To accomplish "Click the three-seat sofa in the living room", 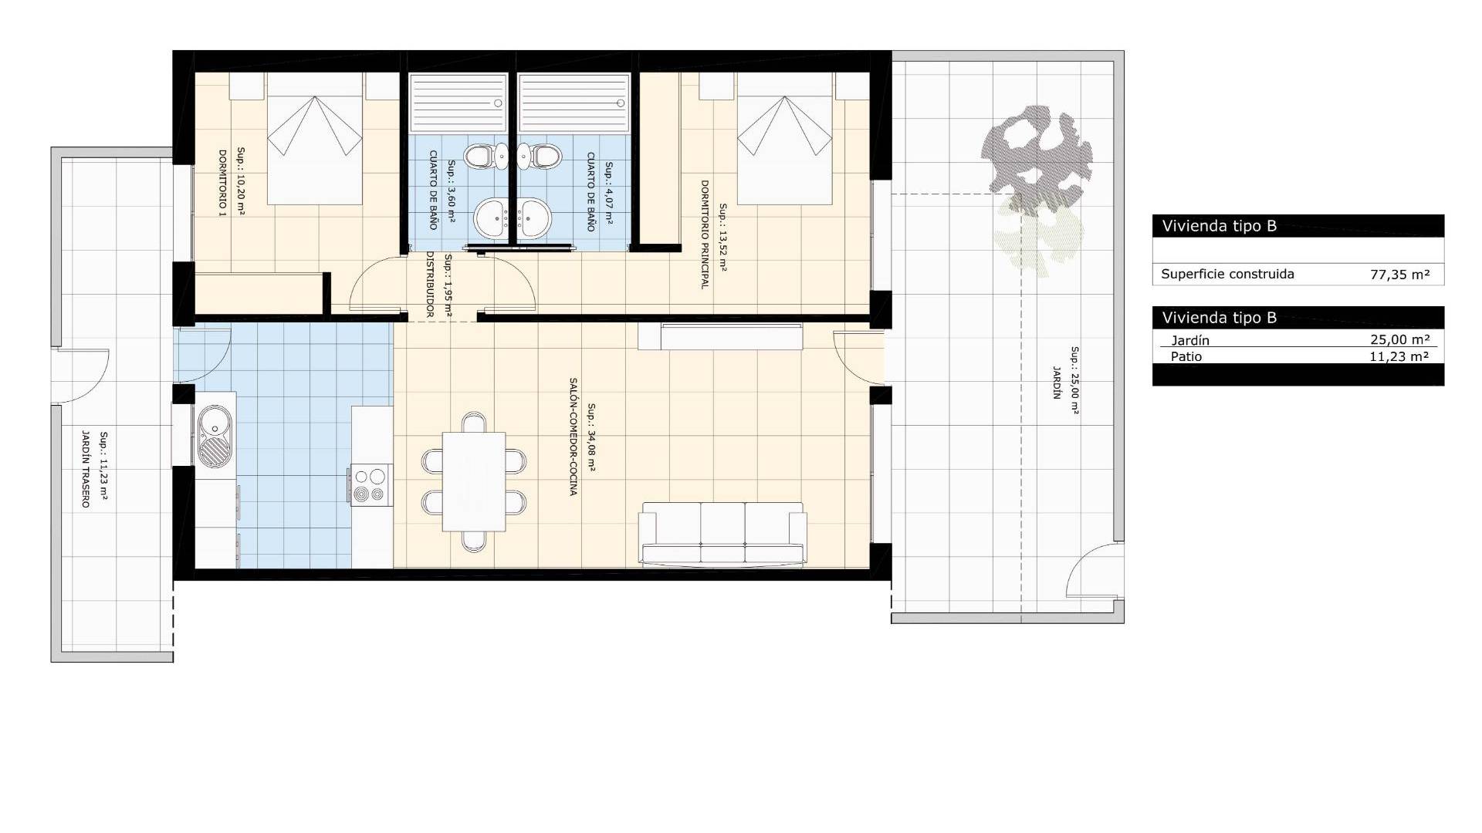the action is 722,534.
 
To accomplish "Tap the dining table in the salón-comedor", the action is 474,481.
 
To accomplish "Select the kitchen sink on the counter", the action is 215,437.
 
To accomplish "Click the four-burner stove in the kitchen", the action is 370,485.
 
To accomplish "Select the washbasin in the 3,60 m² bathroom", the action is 489,218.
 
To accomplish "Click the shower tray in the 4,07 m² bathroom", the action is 573,103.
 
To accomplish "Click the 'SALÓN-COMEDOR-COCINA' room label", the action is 573,437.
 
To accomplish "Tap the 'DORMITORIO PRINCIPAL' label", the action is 704,234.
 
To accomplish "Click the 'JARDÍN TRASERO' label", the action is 86,469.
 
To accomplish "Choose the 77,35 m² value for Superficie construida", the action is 1400,275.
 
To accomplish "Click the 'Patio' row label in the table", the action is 1186,356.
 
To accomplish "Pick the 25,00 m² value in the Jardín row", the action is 1400,340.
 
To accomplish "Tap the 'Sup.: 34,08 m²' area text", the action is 592,437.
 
